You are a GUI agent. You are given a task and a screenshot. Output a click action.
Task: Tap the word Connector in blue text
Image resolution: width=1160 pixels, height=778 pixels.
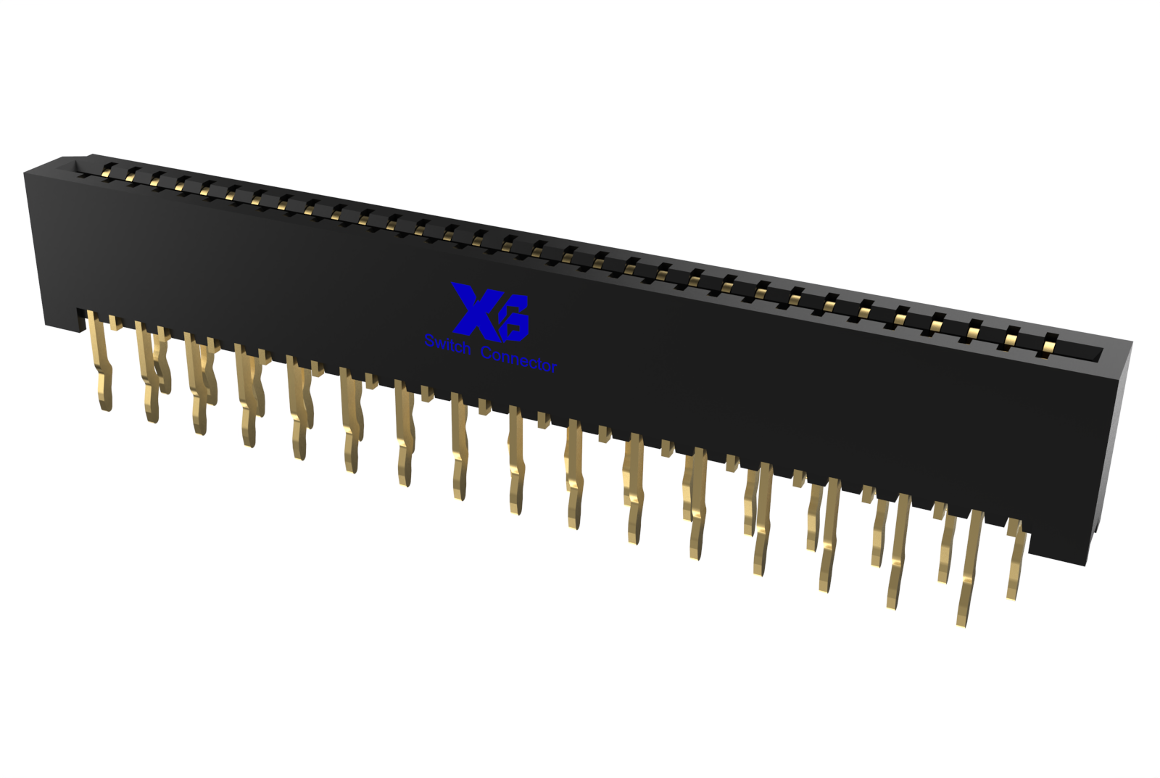(519, 360)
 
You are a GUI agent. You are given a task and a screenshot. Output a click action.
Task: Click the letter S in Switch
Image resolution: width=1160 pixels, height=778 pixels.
(429, 341)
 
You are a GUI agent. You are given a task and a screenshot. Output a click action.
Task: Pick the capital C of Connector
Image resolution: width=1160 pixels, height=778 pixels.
(486, 352)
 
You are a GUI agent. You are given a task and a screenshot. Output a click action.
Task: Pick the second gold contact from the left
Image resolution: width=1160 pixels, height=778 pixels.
(130, 173)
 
